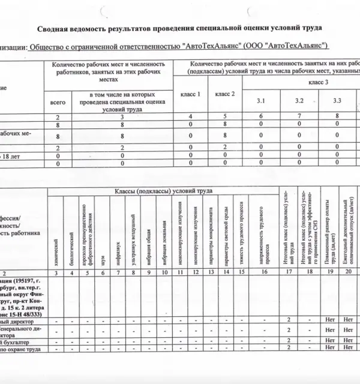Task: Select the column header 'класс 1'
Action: [x=190, y=94]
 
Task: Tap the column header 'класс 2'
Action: [x=225, y=94]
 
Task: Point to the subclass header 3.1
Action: [x=260, y=101]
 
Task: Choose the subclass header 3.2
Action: [x=299, y=101]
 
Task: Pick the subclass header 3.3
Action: [x=337, y=101]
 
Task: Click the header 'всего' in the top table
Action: [x=57, y=103]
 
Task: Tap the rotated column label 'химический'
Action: [x=56, y=251]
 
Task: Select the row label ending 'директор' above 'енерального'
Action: [x=27, y=322]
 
